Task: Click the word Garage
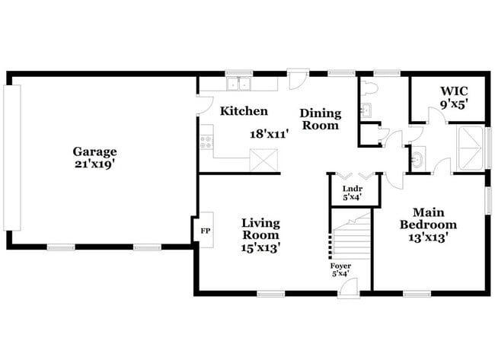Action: pos(94,151)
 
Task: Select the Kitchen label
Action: pos(244,111)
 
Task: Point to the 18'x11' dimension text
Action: pos(270,132)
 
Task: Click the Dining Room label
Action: pos(321,119)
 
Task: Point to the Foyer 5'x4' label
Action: pos(340,269)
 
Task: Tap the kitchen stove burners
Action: pos(205,141)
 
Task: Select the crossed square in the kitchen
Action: pos(263,161)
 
